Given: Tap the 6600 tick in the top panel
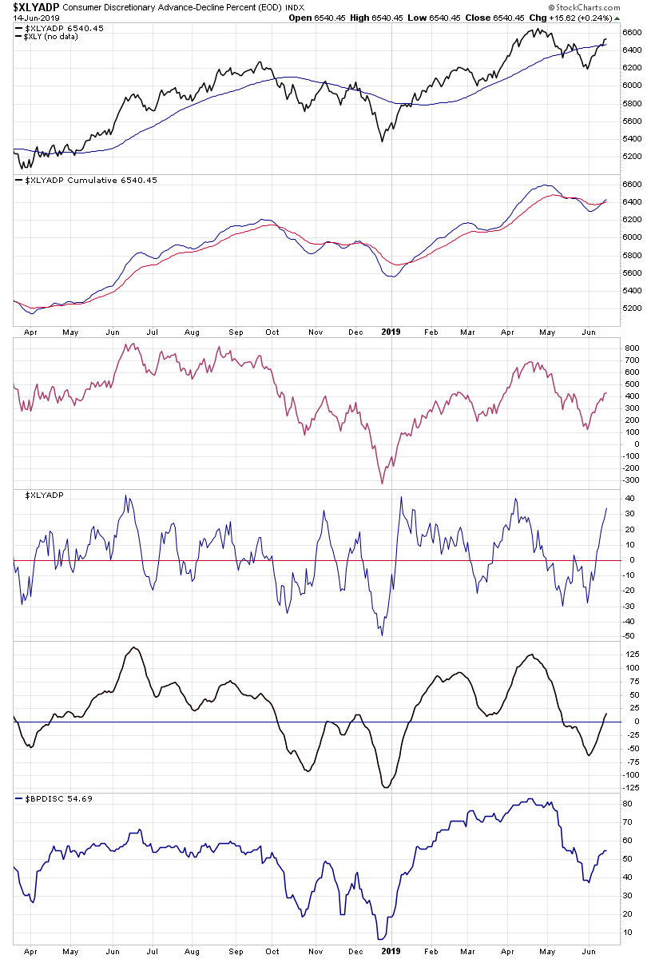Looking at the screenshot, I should click(x=632, y=33).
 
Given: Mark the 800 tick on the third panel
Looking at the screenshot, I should click(x=632, y=349).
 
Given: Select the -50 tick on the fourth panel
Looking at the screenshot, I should click(x=630, y=636).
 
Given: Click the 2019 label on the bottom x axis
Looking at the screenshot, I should click(x=391, y=950).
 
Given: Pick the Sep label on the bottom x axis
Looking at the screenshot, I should click(x=236, y=950).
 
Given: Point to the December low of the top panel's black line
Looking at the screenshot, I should click(x=382, y=141).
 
